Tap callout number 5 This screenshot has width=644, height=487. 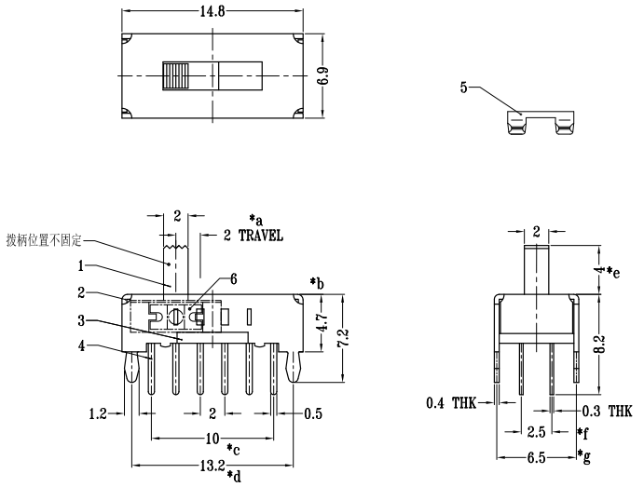[463, 88]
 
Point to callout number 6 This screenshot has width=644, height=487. [234, 278]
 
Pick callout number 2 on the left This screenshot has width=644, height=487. [82, 293]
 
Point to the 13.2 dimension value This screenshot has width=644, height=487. [215, 465]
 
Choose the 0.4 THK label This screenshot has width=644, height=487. [450, 403]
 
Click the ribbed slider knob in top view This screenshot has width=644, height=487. [174, 76]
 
